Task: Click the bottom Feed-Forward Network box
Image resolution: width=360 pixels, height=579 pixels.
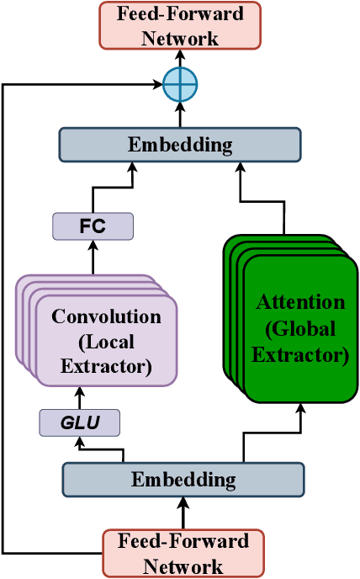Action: point(183,553)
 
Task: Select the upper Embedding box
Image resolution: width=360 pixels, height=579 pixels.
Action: point(179,144)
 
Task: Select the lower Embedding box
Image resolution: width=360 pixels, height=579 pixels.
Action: point(183,480)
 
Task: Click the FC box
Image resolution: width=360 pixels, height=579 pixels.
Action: point(93,226)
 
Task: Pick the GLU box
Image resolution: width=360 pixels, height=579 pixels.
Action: point(79,422)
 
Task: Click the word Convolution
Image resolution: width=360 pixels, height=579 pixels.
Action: point(106,317)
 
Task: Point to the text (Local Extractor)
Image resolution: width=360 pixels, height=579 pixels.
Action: point(106,355)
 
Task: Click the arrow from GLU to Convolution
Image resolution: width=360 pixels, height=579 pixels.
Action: point(79,397)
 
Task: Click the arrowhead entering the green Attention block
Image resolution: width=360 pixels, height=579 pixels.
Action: point(299,406)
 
